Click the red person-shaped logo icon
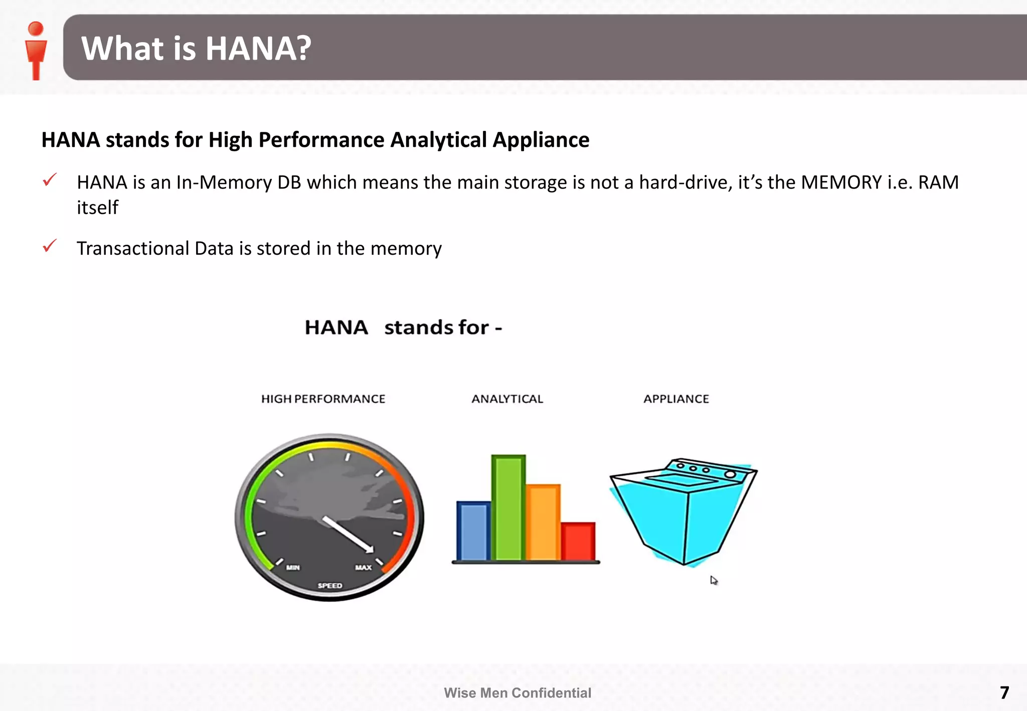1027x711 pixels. point(36,50)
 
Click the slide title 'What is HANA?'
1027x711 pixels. point(196,48)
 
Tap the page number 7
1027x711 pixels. point(1004,692)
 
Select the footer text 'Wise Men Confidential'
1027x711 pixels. point(518,693)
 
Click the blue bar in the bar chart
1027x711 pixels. point(473,531)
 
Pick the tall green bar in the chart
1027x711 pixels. point(508,507)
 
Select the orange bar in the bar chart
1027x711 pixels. point(543,522)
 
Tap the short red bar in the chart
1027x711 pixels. point(578,541)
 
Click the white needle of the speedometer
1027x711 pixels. point(348,535)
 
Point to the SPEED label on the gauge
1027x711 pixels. point(330,586)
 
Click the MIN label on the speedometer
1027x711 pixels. point(293,568)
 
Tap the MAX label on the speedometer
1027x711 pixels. point(364,568)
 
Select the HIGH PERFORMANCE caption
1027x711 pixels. point(323,399)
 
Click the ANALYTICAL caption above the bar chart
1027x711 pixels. point(507,399)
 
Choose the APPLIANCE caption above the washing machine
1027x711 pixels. point(676,399)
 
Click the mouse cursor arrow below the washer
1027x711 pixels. point(714,580)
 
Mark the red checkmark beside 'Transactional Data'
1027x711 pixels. point(50,246)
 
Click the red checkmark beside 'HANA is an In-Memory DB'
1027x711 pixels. point(50,180)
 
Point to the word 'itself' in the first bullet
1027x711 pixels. point(97,208)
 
